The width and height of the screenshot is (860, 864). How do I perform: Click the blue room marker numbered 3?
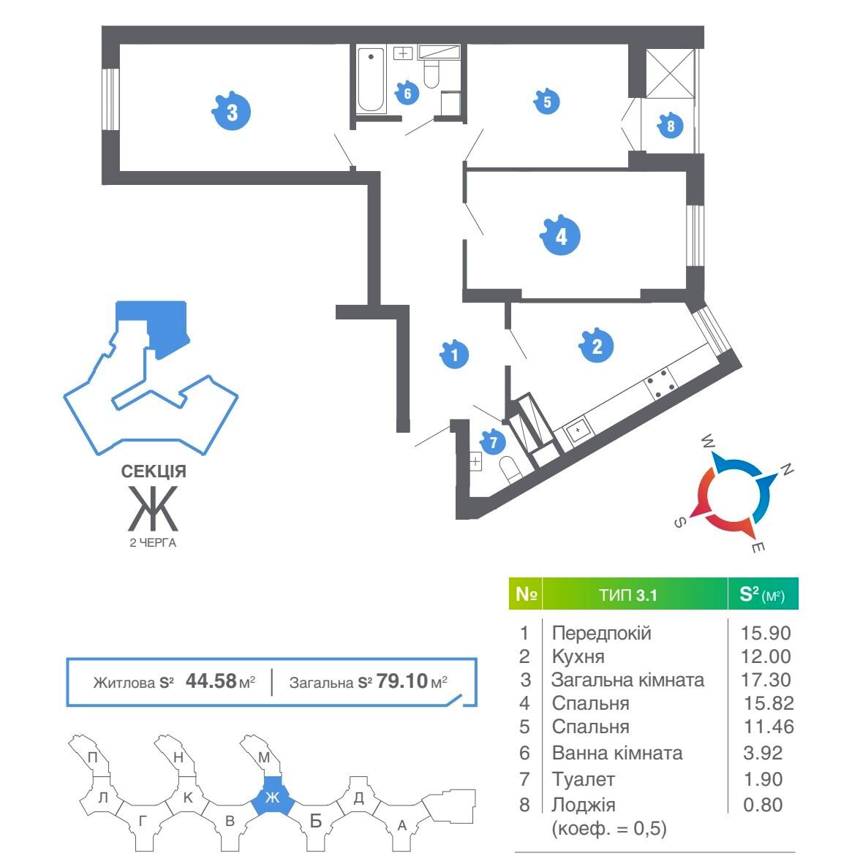pos(231,113)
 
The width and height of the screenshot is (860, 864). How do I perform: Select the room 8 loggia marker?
pos(670,126)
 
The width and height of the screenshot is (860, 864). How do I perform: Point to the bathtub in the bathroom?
pos(371,80)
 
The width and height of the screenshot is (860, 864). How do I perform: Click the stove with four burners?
pos(660,382)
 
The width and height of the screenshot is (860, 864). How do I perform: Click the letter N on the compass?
pos(787,470)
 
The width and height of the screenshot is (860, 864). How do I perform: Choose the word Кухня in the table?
pos(578,656)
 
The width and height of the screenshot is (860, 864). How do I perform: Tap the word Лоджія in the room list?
pos(584,805)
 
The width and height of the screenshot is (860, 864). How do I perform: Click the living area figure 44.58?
pos(211,682)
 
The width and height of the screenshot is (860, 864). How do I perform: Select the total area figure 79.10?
pos(401,682)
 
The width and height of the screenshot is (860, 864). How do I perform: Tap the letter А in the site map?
pos(401,826)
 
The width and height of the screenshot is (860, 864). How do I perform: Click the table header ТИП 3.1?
pos(628,595)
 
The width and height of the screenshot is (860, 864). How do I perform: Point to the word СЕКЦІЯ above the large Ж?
pos(154,472)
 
